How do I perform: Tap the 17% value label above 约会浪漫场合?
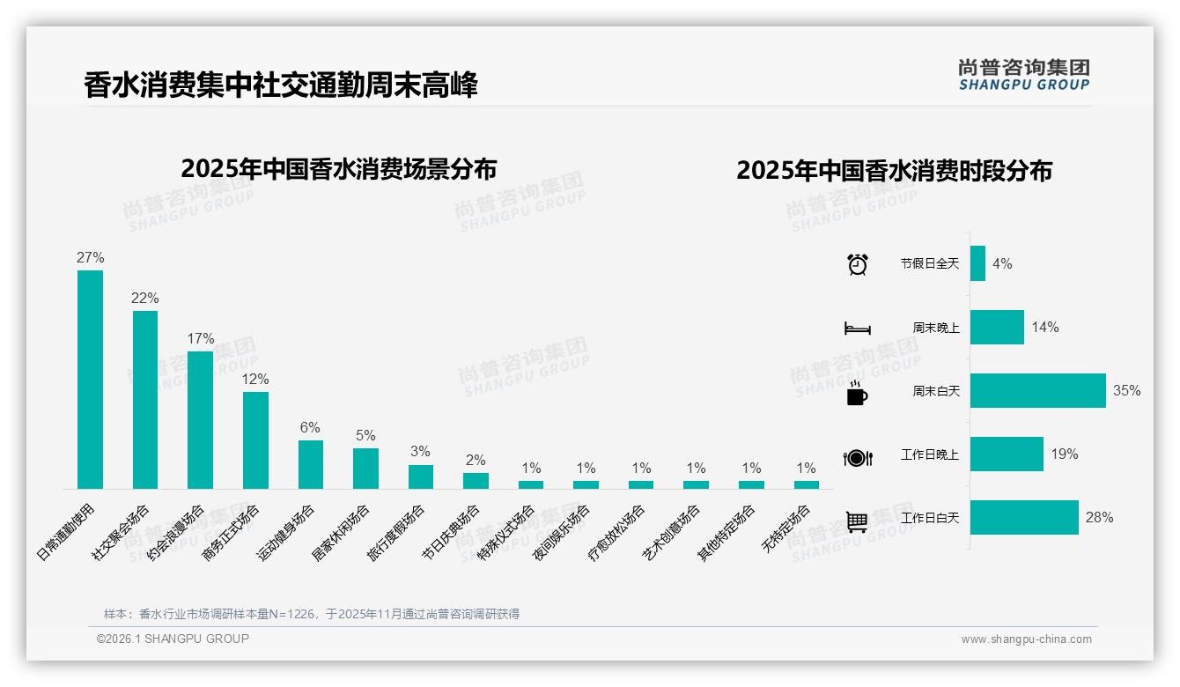pos(201,339)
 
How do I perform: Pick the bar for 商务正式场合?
pos(255,440)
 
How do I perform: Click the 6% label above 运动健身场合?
pos(310,428)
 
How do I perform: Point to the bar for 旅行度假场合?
pos(421,476)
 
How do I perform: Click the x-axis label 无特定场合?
pos(785,528)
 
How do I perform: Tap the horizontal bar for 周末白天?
pos(1037,391)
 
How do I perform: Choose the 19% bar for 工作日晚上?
pos(1007,454)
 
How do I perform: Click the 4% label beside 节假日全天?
pos(1002,264)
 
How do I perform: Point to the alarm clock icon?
pos(857,264)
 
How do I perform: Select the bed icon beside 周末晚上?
pos(857,329)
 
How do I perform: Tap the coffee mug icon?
pos(857,393)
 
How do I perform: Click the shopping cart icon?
pos(857,521)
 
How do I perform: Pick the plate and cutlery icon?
pos(857,457)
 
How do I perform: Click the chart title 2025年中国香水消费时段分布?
pos(894,170)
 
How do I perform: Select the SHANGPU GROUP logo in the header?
pos(1023,75)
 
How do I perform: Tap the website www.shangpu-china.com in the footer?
pos(1026,639)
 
